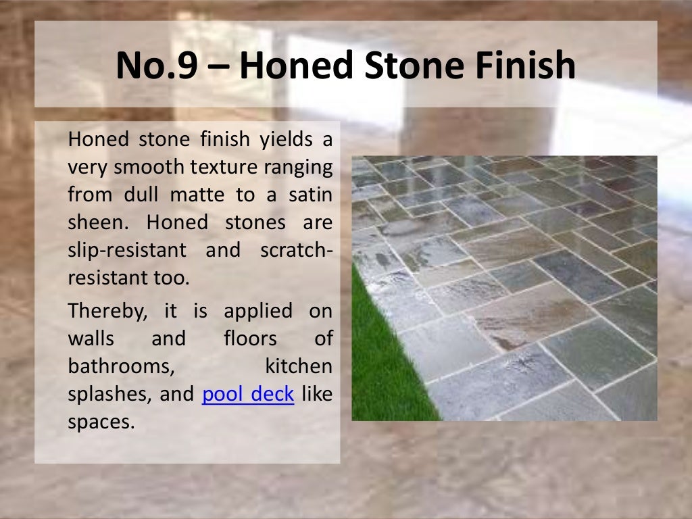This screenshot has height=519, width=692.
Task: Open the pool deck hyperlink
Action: pos(248,394)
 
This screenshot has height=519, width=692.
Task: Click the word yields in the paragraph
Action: pos(287,140)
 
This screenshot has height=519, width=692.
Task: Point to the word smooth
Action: pos(141,168)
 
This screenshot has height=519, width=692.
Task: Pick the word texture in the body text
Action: pos(214,168)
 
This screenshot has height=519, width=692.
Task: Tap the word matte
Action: pos(196,195)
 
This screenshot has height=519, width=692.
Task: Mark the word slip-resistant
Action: pos(127,250)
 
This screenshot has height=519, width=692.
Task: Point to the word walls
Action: pos(91,339)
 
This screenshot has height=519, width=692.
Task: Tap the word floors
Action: pos(250,339)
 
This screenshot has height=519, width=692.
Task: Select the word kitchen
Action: pos(299,366)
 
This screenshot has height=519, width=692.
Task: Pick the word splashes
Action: pos(108,394)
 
